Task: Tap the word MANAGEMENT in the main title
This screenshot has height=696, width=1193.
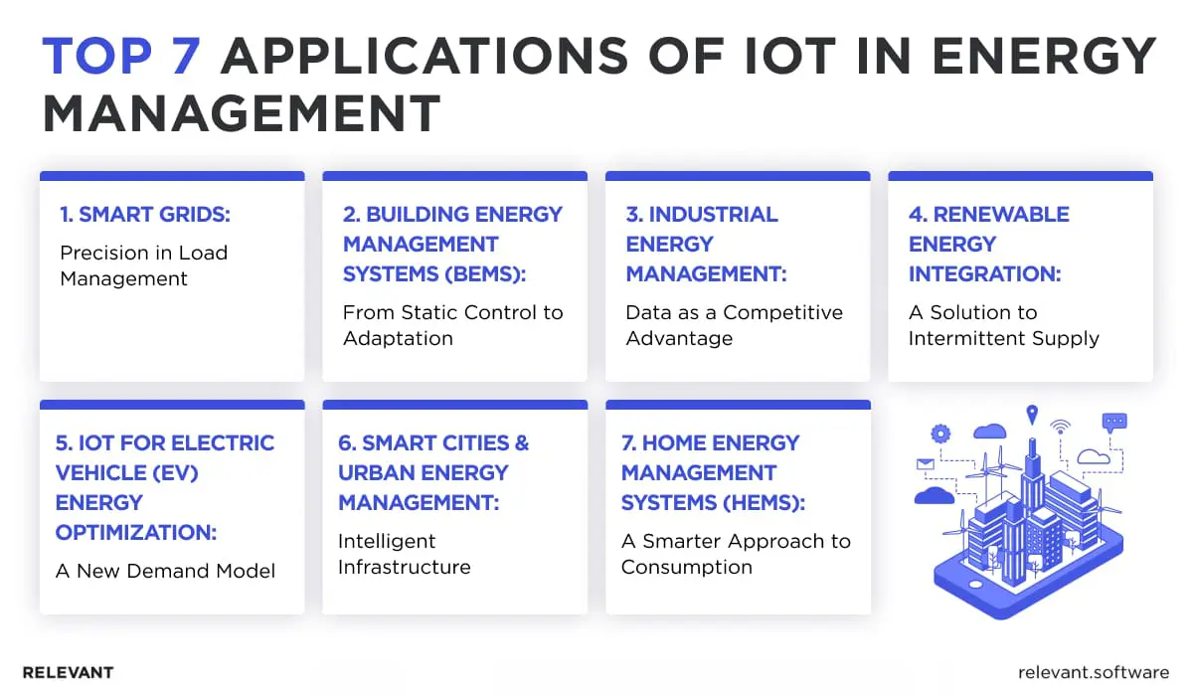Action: pyautogui.click(x=242, y=113)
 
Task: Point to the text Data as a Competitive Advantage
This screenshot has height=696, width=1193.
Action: pyautogui.click(x=734, y=325)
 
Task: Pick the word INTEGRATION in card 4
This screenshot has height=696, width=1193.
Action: pyautogui.click(x=984, y=273)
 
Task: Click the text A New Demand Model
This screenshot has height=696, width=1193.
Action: pyautogui.click(x=165, y=571)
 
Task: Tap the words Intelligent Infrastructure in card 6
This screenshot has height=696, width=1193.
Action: pyautogui.click(x=404, y=554)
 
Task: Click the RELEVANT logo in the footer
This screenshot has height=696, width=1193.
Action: pyautogui.click(x=68, y=672)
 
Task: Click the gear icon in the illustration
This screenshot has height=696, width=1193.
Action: pyautogui.click(x=939, y=434)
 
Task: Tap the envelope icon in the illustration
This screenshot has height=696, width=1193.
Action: pyautogui.click(x=927, y=463)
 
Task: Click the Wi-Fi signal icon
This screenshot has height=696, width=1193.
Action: pyautogui.click(x=1061, y=429)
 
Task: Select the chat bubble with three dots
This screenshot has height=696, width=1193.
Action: pyautogui.click(x=1114, y=422)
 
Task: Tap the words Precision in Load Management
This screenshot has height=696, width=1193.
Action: pyautogui.click(x=143, y=265)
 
